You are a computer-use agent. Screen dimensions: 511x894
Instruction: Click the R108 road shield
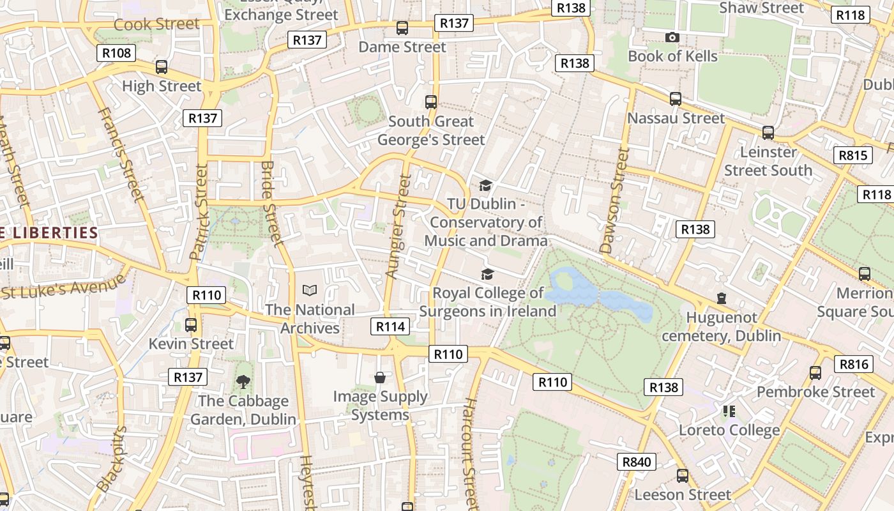point(116,52)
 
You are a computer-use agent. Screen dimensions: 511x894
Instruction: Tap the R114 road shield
point(390,327)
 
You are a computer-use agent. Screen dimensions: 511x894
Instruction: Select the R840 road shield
point(637,462)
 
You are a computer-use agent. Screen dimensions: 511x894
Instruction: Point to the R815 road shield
point(853,155)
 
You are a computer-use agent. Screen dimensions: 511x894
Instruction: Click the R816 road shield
point(854,364)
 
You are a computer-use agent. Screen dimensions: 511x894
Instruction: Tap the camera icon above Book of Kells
point(672,38)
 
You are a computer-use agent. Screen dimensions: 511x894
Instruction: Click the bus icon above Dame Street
point(402,28)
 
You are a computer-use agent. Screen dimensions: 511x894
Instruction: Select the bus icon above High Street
point(162,67)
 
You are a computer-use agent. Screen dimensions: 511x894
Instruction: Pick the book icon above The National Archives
point(310,291)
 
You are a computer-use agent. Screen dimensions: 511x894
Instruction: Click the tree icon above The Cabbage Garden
point(243,382)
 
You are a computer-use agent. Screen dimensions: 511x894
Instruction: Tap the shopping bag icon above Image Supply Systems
point(380,378)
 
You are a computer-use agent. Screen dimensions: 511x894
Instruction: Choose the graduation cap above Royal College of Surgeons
point(487,274)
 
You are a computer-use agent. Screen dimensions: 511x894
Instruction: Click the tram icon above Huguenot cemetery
point(722,298)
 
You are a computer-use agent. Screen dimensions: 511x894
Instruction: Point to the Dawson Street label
point(615,200)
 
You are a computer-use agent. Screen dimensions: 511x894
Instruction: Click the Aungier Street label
point(397,227)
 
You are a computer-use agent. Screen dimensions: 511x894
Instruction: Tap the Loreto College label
point(729,431)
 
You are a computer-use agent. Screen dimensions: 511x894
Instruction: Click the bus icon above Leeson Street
point(683,476)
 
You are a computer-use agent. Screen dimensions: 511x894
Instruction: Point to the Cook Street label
point(156,24)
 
